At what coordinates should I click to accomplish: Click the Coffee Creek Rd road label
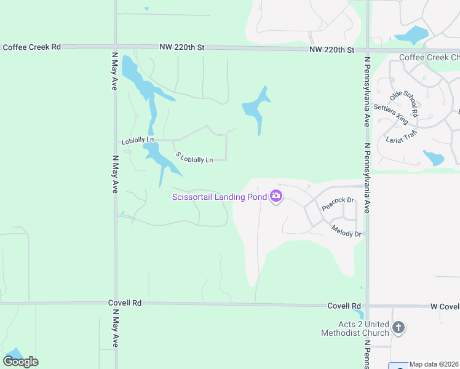tap(31, 47)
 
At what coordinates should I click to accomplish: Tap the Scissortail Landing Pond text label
tap(219, 197)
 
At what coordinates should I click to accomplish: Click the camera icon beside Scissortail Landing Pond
tap(276, 196)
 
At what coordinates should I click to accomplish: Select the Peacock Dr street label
tap(338, 204)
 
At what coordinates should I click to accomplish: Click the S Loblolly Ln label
tap(194, 157)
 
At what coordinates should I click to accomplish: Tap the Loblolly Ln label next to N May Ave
tap(137, 141)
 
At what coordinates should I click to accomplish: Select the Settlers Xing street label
tap(391, 115)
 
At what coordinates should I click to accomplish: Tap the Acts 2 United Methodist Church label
tap(355, 328)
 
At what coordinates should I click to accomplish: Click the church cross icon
tap(398, 327)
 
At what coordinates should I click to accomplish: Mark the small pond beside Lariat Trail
tap(434, 158)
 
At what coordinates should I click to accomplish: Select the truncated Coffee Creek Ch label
tap(429, 58)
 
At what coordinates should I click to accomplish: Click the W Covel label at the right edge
tap(445, 306)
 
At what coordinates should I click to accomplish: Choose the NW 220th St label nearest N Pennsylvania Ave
tap(332, 49)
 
